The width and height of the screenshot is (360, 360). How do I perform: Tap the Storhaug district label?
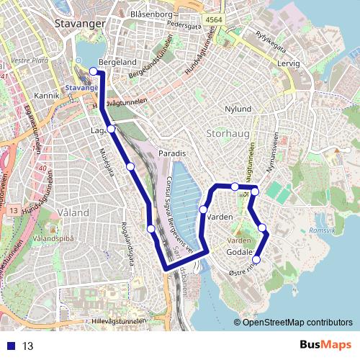coord(229,133)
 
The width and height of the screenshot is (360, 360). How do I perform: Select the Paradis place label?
coord(172,154)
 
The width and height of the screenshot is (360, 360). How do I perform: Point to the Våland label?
coord(72,212)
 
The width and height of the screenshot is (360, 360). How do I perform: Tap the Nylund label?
coord(238,109)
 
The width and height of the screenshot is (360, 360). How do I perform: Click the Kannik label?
coord(45,95)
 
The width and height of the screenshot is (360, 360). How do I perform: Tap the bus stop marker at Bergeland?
coord(93,71)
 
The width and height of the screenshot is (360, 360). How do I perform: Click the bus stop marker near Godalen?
coord(256,260)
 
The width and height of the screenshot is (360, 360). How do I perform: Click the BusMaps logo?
coord(325,346)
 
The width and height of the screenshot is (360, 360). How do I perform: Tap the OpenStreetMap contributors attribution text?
coord(297,323)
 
